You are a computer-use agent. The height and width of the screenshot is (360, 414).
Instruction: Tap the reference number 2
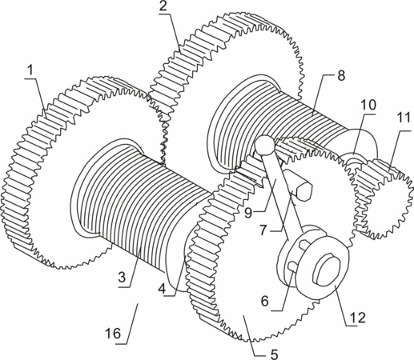click(x=163, y=6)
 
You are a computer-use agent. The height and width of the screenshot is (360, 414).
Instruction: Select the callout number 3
click(x=122, y=278)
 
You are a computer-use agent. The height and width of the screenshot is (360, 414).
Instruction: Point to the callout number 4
click(x=162, y=289)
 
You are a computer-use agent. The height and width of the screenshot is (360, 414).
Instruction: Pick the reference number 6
click(x=265, y=302)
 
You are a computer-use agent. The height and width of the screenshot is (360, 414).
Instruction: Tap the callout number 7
click(x=263, y=230)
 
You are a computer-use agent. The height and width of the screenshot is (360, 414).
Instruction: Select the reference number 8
click(x=341, y=76)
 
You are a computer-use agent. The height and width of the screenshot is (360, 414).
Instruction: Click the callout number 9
click(x=248, y=213)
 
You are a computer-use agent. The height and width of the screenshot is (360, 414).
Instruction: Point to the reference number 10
click(x=368, y=105)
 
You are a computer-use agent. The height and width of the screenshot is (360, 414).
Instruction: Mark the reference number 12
click(x=358, y=317)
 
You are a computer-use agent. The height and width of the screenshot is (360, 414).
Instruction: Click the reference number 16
click(x=113, y=334)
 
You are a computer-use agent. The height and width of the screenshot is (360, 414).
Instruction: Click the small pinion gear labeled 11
click(x=382, y=198)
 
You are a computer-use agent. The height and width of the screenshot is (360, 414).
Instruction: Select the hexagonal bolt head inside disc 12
click(x=326, y=270)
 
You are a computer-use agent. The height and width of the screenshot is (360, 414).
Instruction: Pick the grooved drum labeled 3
click(x=139, y=202)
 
